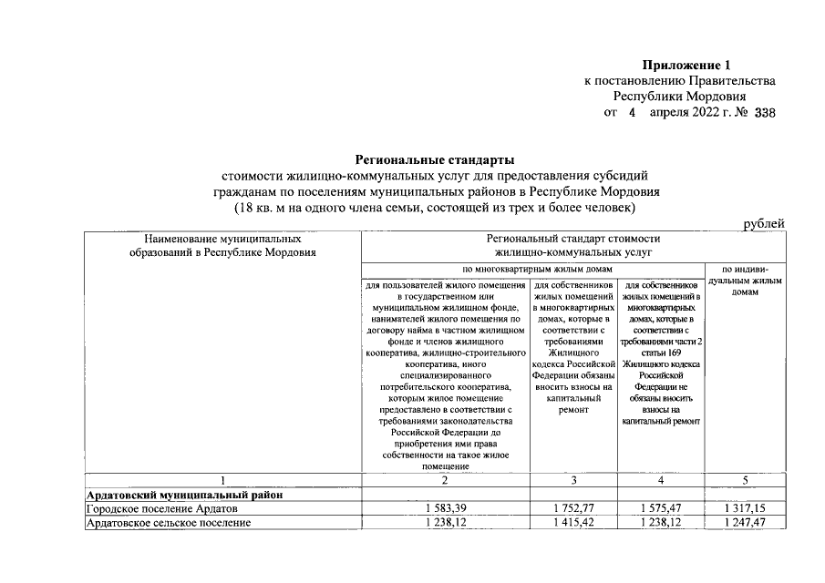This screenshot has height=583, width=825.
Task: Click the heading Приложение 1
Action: coord(687,65)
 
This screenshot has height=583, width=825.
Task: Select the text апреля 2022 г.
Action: coord(692,113)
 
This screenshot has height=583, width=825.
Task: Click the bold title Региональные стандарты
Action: coord(428,160)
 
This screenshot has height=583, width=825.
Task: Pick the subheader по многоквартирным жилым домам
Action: coord(534,271)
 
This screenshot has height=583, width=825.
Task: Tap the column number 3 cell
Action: coord(573,480)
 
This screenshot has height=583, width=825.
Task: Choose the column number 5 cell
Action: coord(745,480)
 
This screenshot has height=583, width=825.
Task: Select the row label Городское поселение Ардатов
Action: coord(160,508)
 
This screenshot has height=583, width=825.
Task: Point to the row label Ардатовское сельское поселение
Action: coord(168,523)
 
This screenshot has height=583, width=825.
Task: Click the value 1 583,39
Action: coord(444,508)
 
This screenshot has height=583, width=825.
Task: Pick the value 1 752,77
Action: coord(573,508)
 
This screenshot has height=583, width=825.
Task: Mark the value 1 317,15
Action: coord(745,508)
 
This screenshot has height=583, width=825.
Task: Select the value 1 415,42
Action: coord(573,523)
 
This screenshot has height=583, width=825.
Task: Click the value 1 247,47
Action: coord(745,523)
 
